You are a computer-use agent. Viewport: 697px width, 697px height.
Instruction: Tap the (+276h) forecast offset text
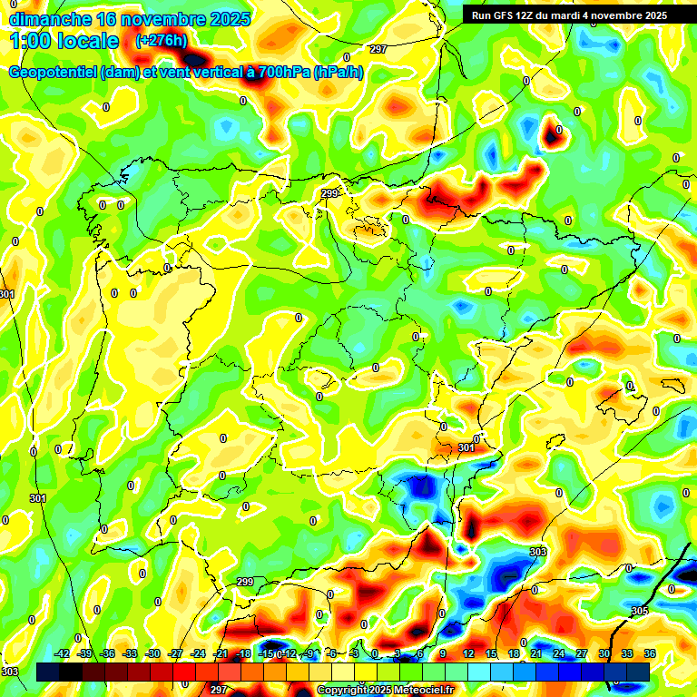point(162,40)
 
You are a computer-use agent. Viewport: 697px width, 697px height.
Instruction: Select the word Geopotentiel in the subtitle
point(54,73)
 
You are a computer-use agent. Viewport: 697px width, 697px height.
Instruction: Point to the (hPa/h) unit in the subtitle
point(339,73)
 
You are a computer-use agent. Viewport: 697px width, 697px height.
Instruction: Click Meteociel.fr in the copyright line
point(419,691)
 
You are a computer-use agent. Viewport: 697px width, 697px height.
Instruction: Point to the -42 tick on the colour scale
point(63,653)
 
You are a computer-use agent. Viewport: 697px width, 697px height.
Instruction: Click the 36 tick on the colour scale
point(650,653)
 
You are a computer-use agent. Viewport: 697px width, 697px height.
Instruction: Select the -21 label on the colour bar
point(221,653)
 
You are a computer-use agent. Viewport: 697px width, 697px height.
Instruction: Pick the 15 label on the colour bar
point(491,653)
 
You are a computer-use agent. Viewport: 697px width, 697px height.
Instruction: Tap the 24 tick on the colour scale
point(559,653)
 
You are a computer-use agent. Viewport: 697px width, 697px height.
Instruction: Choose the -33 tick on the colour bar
point(131,653)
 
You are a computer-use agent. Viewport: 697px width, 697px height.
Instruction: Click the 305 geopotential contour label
point(640,611)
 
